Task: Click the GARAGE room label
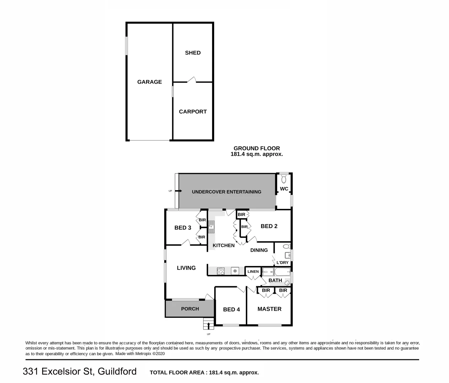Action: (x=150, y=82)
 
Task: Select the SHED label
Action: (x=193, y=53)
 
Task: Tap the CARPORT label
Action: (x=193, y=111)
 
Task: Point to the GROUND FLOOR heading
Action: (x=256, y=148)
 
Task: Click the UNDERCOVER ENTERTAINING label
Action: (x=227, y=192)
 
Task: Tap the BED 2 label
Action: (x=269, y=226)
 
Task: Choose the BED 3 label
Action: (x=183, y=228)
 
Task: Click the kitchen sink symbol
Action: (x=211, y=226)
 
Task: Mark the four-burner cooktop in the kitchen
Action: (x=221, y=271)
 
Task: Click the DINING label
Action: (x=259, y=250)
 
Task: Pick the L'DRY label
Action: (x=282, y=262)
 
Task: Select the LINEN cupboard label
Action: (x=253, y=272)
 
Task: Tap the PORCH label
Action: (x=190, y=309)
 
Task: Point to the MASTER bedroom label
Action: (x=269, y=309)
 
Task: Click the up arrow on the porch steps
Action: (x=209, y=325)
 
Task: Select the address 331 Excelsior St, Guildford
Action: (x=80, y=371)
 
